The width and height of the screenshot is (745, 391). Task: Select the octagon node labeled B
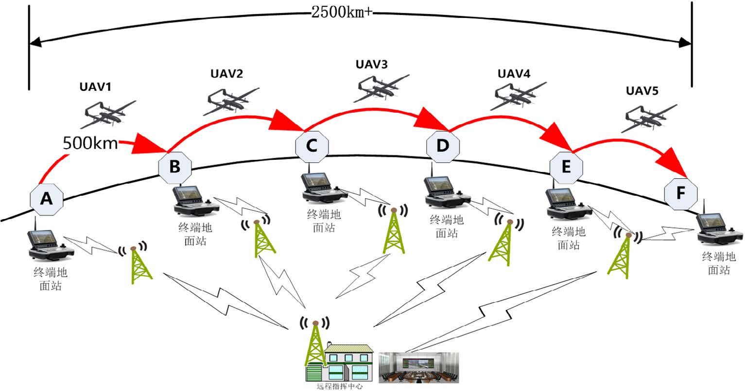click(174, 167)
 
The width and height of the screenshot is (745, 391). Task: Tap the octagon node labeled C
click(312, 145)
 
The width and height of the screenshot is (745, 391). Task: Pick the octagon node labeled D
click(443, 145)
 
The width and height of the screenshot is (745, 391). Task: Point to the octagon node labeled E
click(566, 167)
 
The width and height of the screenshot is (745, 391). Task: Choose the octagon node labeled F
click(681, 193)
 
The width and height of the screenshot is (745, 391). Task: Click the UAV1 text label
click(95, 87)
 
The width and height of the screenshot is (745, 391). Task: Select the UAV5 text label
click(641, 91)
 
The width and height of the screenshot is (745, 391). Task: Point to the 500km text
click(90, 143)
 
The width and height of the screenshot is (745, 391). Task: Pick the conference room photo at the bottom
click(418, 367)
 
